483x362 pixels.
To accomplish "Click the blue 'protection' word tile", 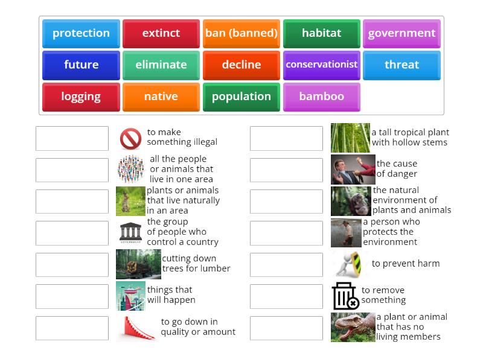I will click(81, 33).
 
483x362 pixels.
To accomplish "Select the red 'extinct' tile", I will click(161, 33).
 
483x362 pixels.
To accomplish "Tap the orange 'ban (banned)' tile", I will click(241, 33).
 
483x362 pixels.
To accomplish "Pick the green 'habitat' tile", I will click(322, 33).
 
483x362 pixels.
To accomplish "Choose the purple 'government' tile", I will click(401, 33).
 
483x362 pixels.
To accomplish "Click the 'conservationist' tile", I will click(322, 65).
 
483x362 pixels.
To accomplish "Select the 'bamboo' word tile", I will click(322, 97).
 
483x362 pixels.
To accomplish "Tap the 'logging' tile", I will click(81, 97).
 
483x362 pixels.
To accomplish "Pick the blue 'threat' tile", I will click(401, 65).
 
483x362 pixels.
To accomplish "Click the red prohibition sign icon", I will click(130, 139).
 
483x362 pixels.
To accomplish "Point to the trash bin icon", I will click(345, 296).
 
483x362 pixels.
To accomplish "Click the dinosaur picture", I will click(353, 328).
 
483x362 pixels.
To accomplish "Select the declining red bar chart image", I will click(136, 328).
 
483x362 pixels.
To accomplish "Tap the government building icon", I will click(130, 232).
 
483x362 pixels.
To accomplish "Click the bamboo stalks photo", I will click(350, 138).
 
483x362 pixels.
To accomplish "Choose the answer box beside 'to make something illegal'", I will click(72, 139).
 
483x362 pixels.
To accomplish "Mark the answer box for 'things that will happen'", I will click(72, 296).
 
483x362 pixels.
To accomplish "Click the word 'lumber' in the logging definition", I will click(215, 268).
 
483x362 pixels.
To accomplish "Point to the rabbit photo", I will click(130, 201).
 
